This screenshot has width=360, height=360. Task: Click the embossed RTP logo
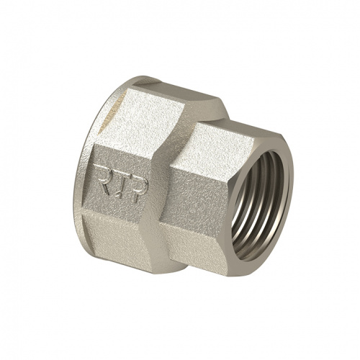121,184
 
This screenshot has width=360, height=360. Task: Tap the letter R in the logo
102,178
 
